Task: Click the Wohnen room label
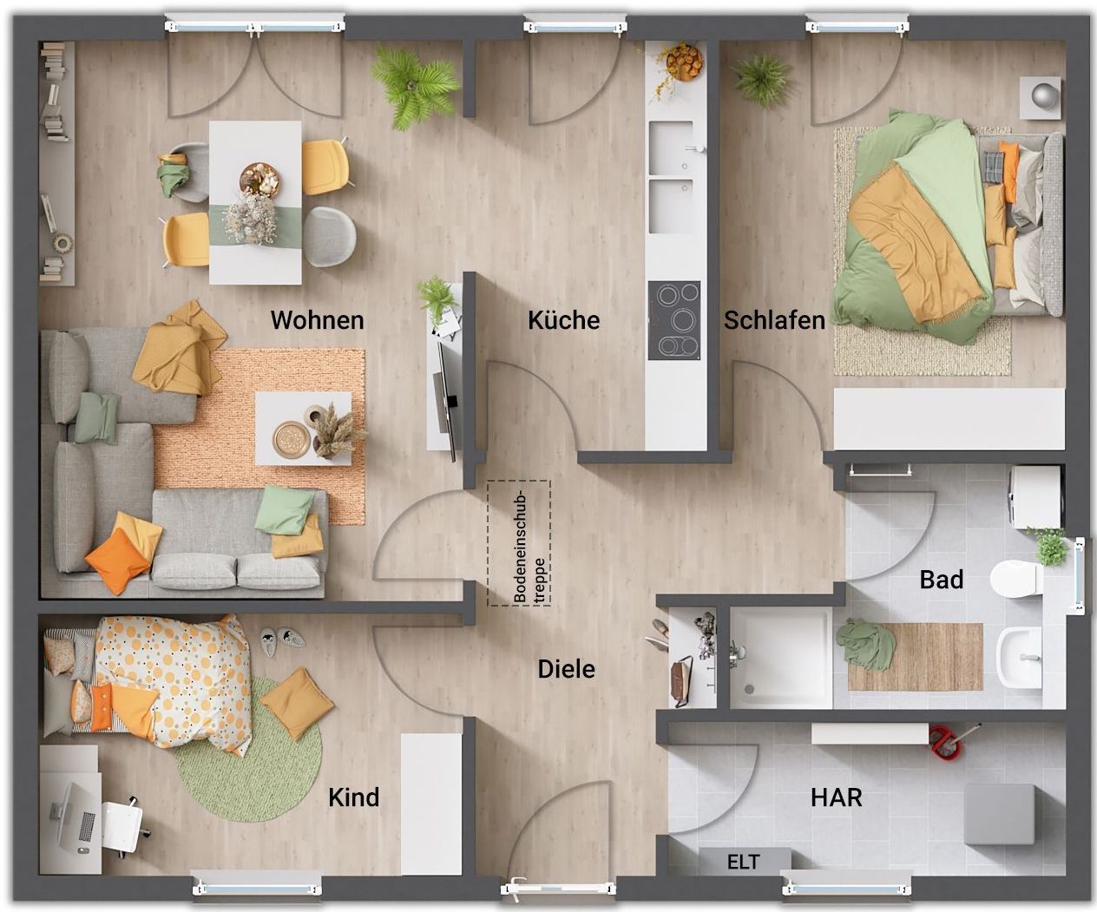click(318, 320)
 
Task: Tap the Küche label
click(564, 320)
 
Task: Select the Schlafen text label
click(774, 320)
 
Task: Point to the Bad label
click(942, 580)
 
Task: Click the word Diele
click(567, 669)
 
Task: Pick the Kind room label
click(353, 797)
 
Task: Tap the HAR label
click(837, 797)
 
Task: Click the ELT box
click(745, 862)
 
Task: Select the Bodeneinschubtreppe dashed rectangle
click(519, 543)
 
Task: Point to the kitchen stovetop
click(674, 321)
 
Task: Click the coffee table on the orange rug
click(304, 428)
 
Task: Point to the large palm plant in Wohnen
click(414, 87)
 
